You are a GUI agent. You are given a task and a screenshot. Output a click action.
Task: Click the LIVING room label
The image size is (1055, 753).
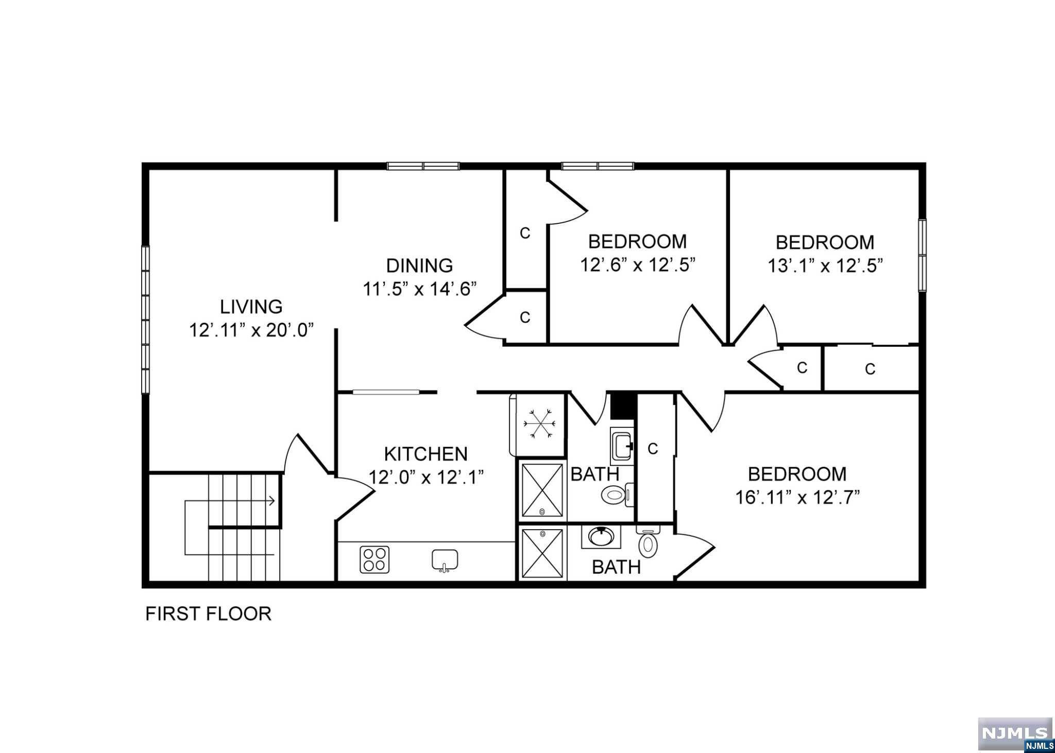(251, 306)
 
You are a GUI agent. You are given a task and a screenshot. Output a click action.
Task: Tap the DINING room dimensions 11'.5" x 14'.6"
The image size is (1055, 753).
(420, 289)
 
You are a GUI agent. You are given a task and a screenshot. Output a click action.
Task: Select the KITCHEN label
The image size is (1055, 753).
(426, 454)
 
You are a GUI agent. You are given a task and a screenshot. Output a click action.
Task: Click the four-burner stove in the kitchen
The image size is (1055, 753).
(375, 559)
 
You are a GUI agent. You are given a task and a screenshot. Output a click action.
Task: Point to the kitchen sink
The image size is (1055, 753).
(445, 561)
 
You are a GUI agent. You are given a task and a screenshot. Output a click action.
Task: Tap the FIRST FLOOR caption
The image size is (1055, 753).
(208, 614)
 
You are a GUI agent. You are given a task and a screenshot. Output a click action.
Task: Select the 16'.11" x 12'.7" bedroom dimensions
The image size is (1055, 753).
(797, 498)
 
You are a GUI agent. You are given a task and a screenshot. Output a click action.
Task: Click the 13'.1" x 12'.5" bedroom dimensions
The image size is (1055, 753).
(825, 266)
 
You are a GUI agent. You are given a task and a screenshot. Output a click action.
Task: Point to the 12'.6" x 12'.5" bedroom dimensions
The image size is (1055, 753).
(638, 265)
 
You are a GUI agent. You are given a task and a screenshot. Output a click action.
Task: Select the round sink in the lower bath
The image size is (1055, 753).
(601, 537)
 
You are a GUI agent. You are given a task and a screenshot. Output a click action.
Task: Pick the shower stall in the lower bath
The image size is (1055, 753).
(542, 553)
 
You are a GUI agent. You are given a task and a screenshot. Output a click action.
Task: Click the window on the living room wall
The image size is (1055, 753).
(146, 320)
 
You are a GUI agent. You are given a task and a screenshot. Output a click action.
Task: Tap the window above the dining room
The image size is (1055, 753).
(423, 166)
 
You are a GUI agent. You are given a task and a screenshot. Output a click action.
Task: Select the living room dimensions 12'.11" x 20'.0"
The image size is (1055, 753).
(251, 330)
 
